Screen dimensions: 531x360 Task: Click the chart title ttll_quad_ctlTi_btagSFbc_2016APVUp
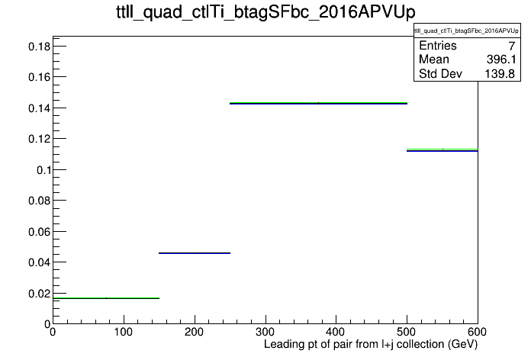coord(265,13)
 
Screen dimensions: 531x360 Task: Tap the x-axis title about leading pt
coord(371,345)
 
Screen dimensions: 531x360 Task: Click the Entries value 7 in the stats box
coord(511,46)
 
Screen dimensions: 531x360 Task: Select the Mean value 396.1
coord(501,59)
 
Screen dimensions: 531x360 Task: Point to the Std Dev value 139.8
coord(500,73)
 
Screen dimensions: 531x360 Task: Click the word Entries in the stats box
coord(438,45)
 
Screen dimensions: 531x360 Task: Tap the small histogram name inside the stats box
coord(466,31)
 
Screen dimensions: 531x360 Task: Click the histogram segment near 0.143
coord(318,103)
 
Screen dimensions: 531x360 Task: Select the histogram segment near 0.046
coord(195,253)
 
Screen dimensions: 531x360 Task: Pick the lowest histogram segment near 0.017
coord(106,298)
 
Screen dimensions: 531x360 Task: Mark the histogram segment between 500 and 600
coord(443,150)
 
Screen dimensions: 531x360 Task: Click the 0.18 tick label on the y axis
coord(39,47)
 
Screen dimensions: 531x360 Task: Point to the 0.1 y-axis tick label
coord(43,169)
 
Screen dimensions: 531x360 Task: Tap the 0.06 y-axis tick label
coord(39,232)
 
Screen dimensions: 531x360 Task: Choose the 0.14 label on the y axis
coord(39,108)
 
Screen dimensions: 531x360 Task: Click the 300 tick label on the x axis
coord(265,332)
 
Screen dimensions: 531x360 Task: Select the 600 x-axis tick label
coord(477,332)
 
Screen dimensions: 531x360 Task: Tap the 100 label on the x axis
coord(124,332)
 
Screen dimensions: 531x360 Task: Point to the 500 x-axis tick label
coord(407,332)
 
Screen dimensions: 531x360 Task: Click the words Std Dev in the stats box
coord(440,73)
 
